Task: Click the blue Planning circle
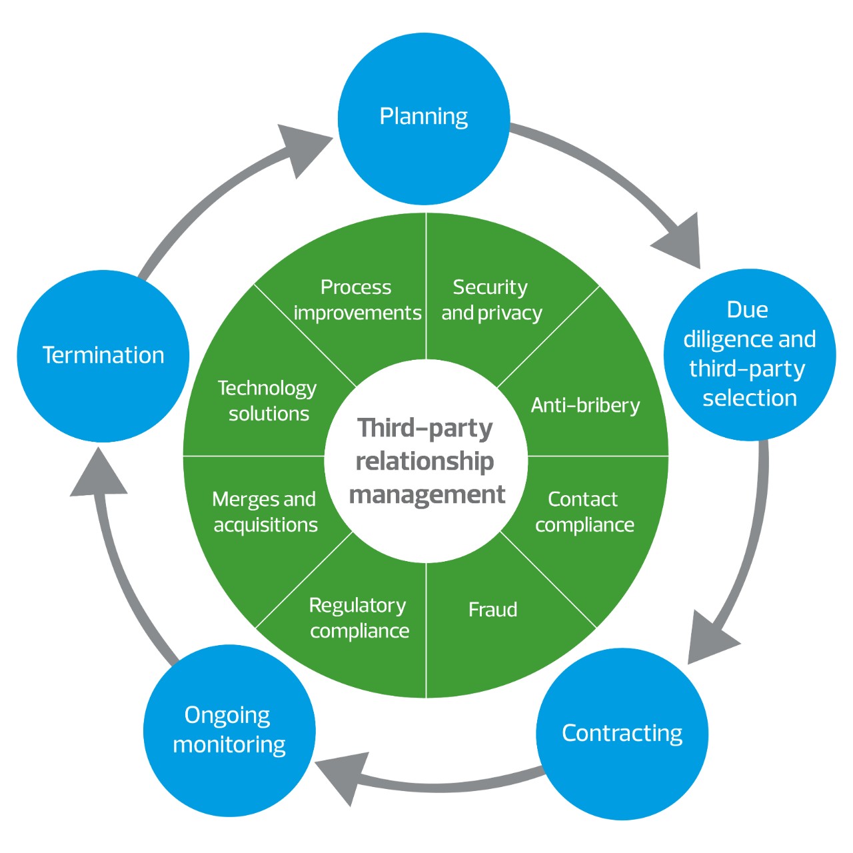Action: (424, 119)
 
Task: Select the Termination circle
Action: (103, 356)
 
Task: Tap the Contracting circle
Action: (622, 734)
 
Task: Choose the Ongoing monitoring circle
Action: (229, 730)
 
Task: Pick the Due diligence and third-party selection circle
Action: (750, 355)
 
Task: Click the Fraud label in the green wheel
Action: (493, 610)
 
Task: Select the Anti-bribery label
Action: (585, 405)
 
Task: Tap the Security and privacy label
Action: (492, 300)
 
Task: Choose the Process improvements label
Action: (357, 300)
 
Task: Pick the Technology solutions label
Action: (268, 401)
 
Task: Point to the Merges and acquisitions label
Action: (265, 512)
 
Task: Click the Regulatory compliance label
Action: (359, 618)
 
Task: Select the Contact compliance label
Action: (584, 512)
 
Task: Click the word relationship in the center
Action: (425, 461)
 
